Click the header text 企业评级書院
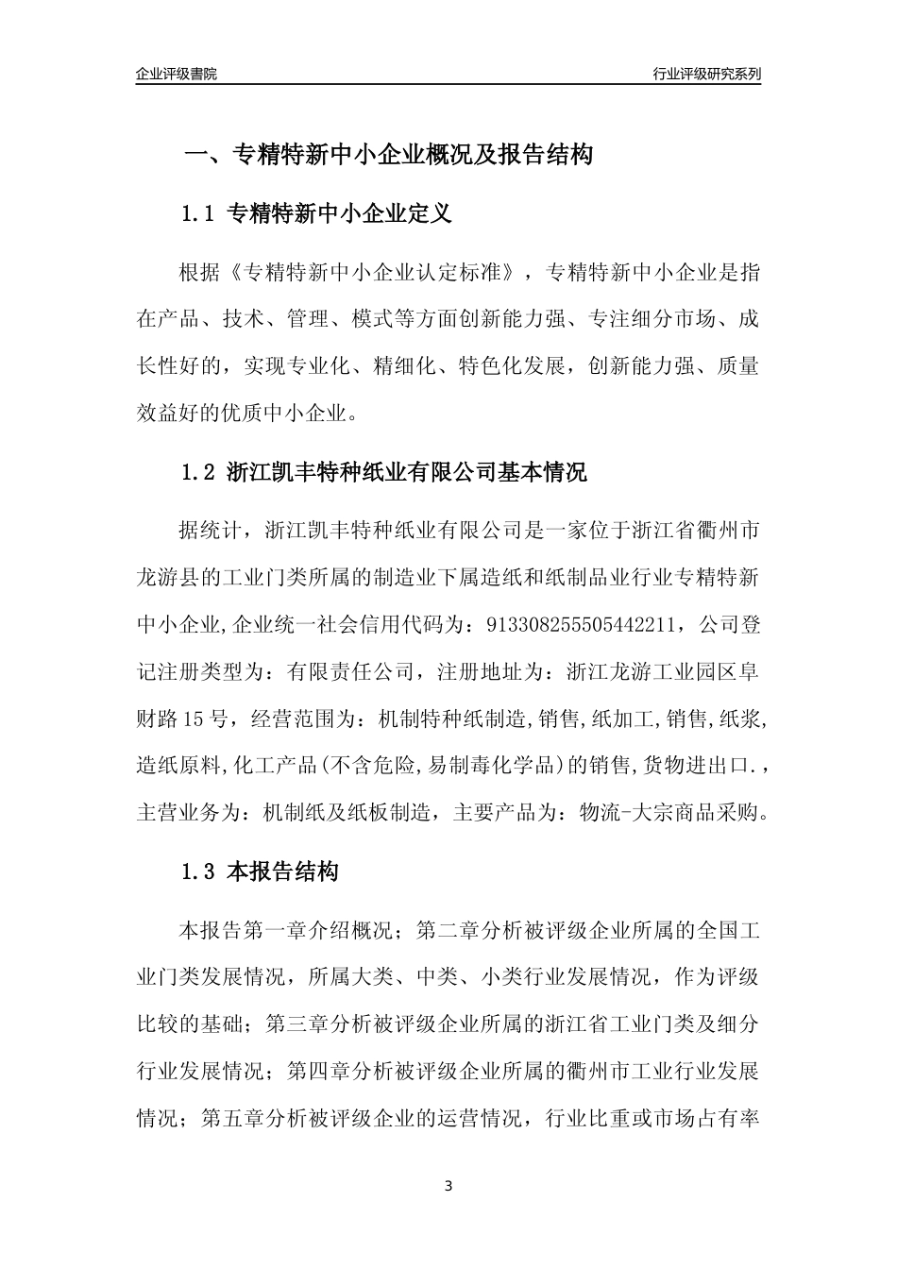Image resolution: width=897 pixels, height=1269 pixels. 177,74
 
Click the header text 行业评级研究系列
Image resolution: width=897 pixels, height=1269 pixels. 706,74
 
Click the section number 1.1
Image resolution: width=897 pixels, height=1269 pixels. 199,214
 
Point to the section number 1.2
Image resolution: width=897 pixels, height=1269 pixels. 199,472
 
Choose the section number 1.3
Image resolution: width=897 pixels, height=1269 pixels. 199,872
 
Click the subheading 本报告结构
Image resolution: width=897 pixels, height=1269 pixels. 283,872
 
